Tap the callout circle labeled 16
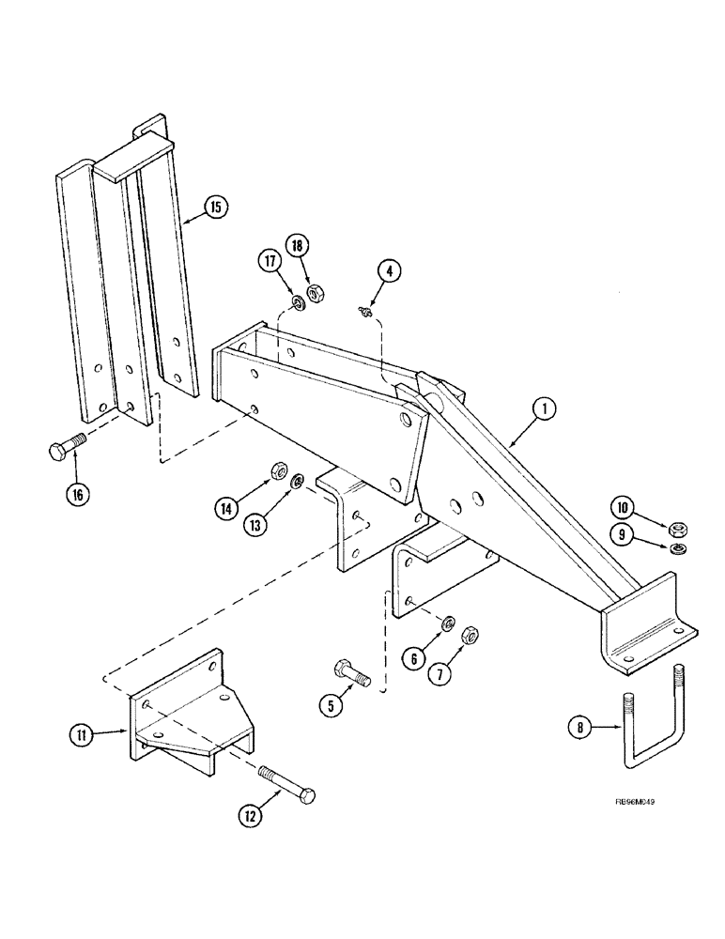[77, 494]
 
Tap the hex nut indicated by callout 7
[472, 637]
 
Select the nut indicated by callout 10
[675, 531]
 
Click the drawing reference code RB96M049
[621, 804]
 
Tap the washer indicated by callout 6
[449, 623]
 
